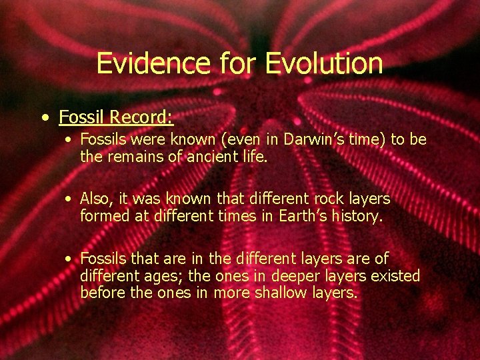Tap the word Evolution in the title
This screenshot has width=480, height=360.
click(324, 63)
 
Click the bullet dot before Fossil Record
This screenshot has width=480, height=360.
click(44, 119)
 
